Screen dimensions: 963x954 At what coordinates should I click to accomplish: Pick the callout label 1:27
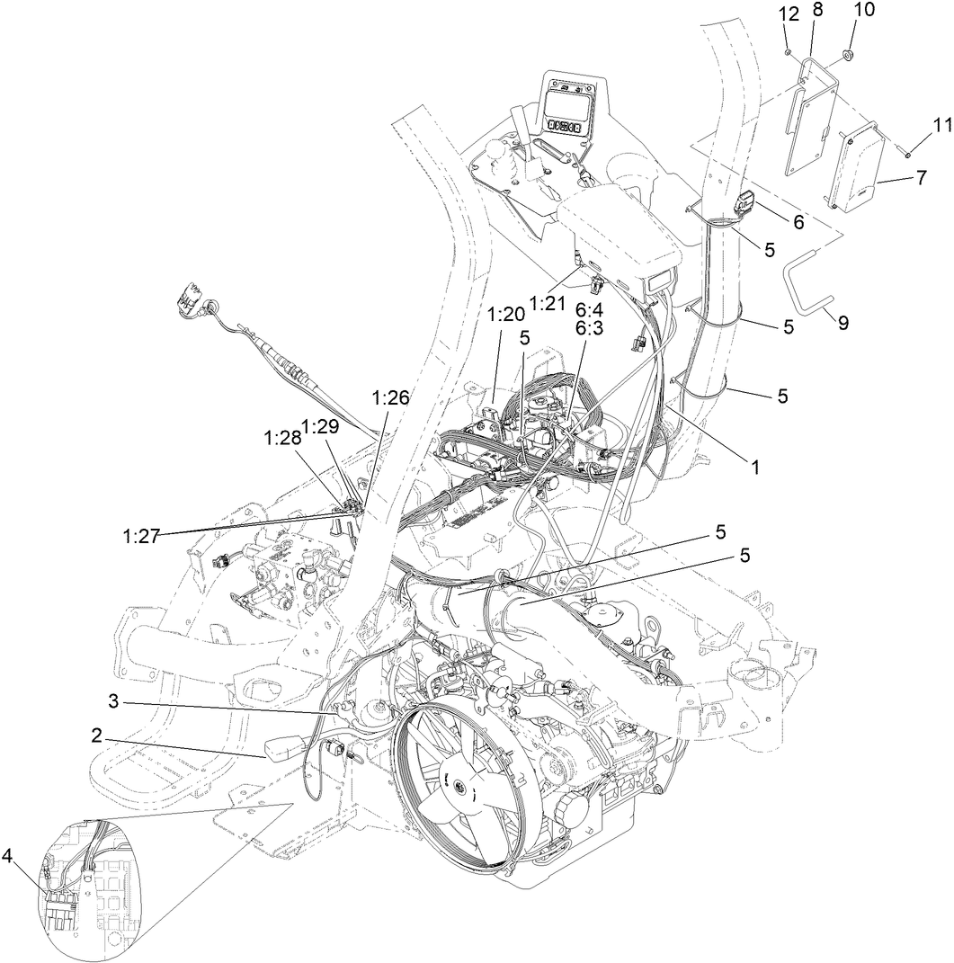(x=141, y=536)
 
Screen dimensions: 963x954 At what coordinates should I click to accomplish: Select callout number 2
(x=96, y=735)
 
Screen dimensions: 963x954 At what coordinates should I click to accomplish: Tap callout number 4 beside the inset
(x=7, y=856)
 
